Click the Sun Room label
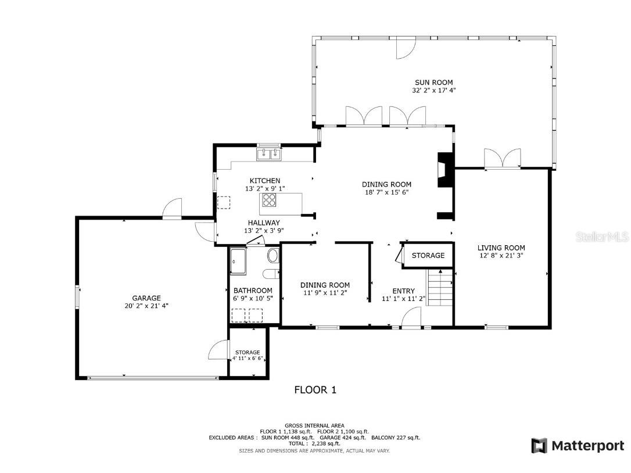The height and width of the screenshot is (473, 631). (433, 83)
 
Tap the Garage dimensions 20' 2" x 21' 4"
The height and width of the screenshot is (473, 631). (146, 306)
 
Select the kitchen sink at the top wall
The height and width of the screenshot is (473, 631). (269, 153)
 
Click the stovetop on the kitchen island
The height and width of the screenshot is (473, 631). (270, 200)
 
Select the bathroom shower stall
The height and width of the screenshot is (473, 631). (238, 260)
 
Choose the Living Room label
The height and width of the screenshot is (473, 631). (501, 248)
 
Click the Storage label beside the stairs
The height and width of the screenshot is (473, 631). (428, 256)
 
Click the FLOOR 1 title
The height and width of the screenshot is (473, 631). (315, 390)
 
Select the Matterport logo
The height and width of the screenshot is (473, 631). (578, 446)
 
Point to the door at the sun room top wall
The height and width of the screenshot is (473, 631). (406, 49)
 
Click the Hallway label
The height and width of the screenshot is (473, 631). (264, 223)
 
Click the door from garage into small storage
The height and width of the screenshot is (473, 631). (218, 350)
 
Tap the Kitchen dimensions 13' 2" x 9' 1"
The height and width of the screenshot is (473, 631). (265, 189)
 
